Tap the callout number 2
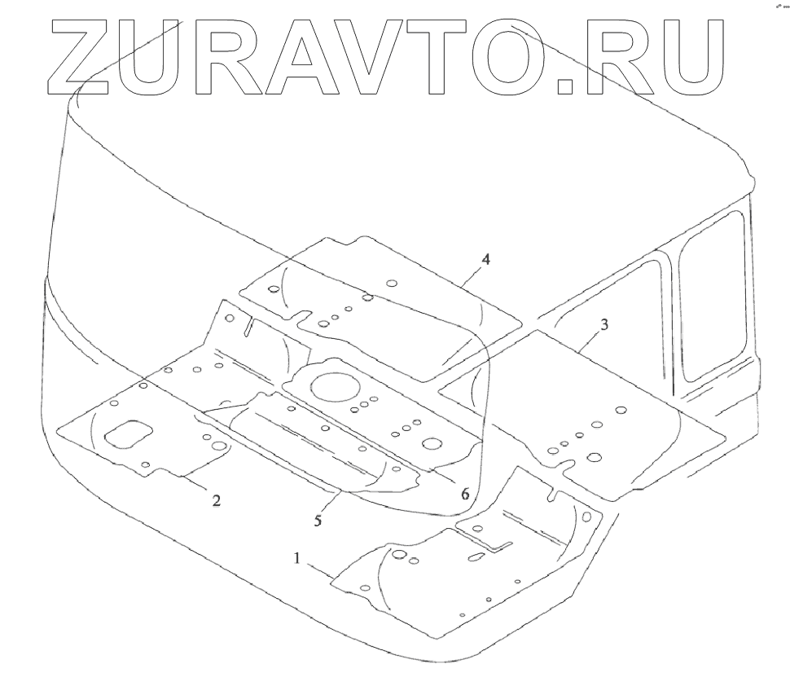[x=216, y=500]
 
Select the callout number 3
[x=603, y=324]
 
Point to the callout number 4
[x=485, y=260]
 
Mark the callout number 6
[x=464, y=494]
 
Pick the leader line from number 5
[x=329, y=500]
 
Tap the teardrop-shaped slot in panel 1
[x=476, y=557]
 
